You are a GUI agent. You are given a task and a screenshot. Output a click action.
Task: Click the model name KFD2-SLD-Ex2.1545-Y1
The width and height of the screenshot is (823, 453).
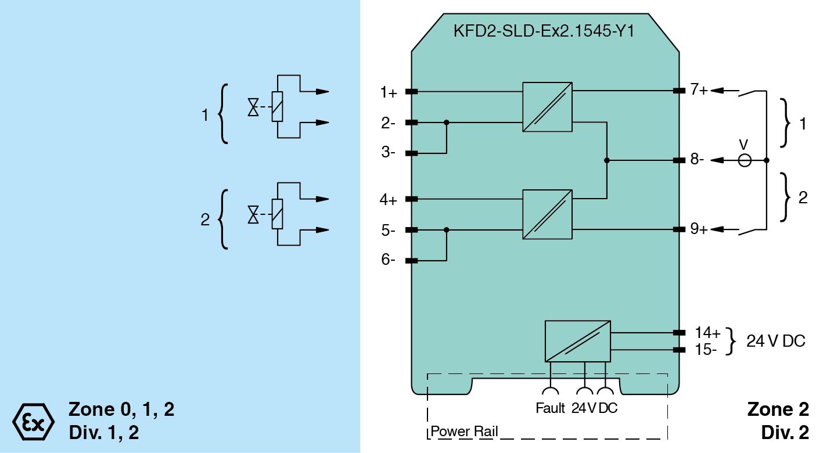coord(543,30)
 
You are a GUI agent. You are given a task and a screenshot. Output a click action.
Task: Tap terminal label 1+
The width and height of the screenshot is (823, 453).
coord(389,92)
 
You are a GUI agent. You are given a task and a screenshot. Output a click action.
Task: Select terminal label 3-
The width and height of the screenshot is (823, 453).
coord(389,154)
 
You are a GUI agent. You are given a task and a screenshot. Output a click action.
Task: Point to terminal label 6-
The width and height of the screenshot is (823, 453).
coord(389,261)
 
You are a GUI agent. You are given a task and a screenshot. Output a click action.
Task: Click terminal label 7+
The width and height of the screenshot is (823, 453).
coord(699,91)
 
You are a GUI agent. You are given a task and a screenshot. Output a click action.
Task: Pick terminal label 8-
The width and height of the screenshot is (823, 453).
coord(698,160)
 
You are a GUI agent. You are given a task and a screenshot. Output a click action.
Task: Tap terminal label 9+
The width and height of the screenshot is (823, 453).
coord(699,229)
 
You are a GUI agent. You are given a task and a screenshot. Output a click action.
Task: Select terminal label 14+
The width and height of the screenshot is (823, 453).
coord(707,333)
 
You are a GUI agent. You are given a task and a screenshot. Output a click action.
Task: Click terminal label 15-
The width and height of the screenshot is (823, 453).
coord(706,350)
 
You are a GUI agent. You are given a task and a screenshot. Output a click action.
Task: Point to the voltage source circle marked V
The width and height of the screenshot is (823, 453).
coord(744,160)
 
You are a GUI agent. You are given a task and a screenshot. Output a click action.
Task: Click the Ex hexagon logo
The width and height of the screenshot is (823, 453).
coord(33,420)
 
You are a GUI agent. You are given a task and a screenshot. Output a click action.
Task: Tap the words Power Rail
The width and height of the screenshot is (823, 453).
coord(464,432)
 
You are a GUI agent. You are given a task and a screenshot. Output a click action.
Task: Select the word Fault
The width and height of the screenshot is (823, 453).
coord(549,408)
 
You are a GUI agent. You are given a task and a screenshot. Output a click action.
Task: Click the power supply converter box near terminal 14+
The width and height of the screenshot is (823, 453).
coord(577,341)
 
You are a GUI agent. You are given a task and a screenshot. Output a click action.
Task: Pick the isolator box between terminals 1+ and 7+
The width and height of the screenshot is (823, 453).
coord(547,107)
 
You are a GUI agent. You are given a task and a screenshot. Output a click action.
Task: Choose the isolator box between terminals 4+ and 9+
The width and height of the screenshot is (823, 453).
coord(547,214)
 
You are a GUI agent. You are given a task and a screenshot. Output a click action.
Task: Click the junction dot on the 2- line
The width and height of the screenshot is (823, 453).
coord(446,123)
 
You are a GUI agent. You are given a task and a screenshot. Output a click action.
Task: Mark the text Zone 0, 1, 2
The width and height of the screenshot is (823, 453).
coord(121,409)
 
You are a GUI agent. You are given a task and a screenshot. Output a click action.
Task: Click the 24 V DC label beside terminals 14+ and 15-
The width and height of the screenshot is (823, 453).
coord(776,341)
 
